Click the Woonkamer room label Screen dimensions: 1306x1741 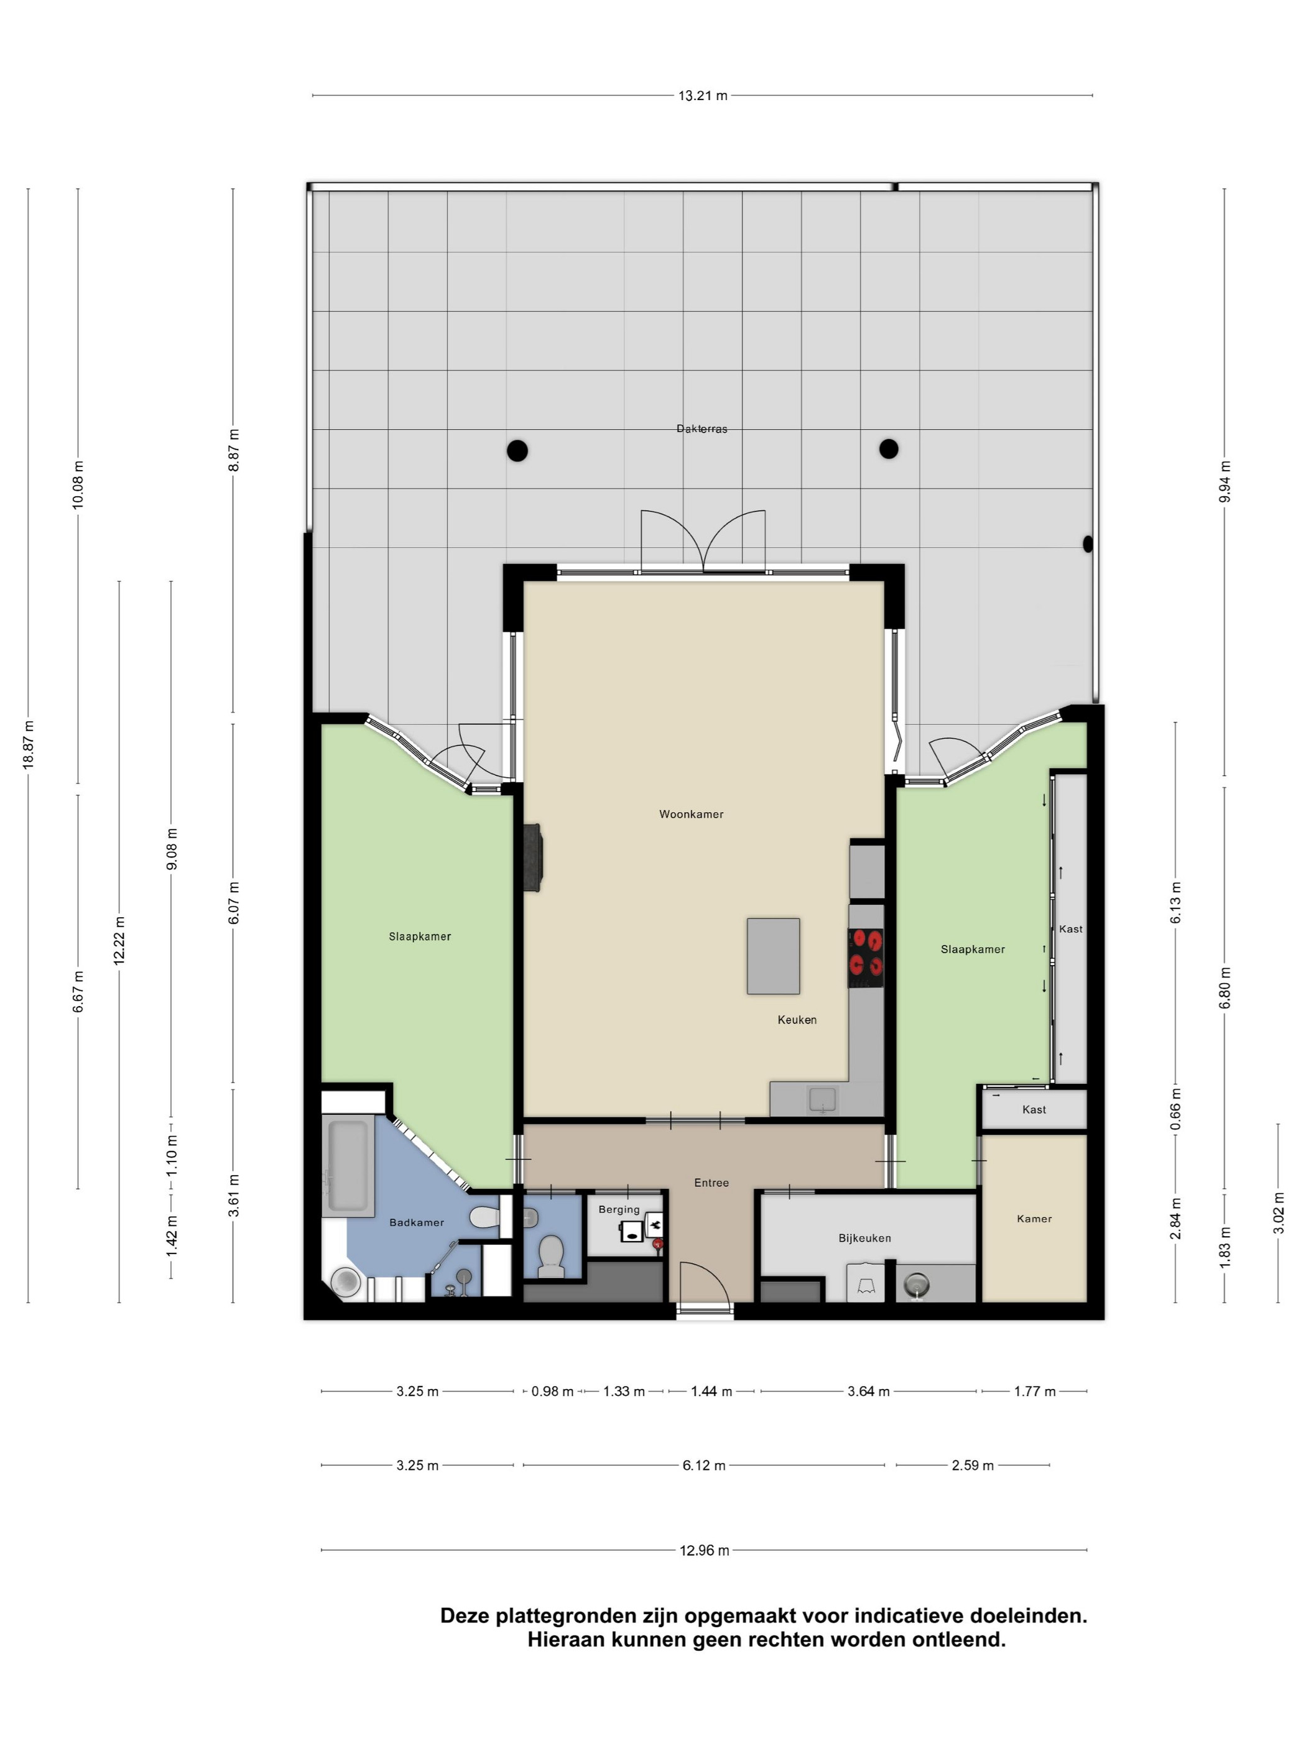tap(690, 814)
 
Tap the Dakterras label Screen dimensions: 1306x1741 tap(702, 429)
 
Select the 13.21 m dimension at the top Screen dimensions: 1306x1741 tap(703, 96)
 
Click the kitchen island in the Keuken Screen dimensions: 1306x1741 tap(773, 956)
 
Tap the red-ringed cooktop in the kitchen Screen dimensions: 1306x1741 tap(865, 957)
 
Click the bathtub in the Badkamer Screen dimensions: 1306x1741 tap(347, 1166)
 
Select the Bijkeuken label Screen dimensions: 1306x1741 tap(864, 1238)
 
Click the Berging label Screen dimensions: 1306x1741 tap(619, 1210)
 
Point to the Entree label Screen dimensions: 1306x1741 tap(711, 1182)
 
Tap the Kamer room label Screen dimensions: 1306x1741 tap(1034, 1218)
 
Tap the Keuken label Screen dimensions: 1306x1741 tap(797, 1019)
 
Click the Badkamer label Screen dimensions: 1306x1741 tap(417, 1222)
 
